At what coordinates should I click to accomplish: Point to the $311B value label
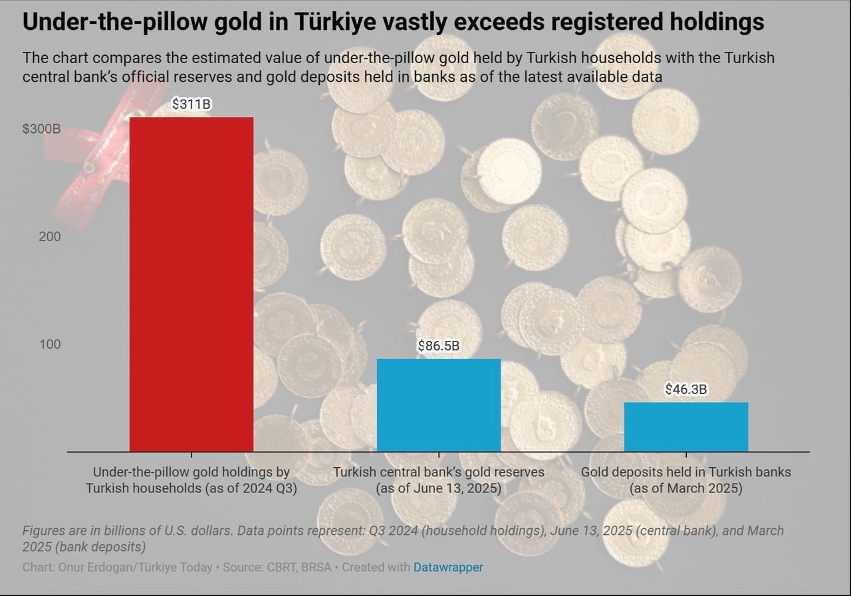click(x=191, y=104)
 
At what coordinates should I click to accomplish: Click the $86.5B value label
click(x=439, y=346)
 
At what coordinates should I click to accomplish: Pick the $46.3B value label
click(x=686, y=389)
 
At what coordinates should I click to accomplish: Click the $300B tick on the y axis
click(x=41, y=129)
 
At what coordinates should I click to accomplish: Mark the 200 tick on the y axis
click(x=49, y=237)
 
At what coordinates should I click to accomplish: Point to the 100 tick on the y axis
click(x=49, y=344)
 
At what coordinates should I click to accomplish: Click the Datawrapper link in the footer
click(x=448, y=567)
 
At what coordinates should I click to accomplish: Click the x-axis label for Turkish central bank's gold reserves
click(x=439, y=480)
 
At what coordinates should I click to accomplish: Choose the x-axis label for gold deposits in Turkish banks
click(x=686, y=480)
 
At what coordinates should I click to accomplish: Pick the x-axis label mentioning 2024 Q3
click(x=191, y=480)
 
